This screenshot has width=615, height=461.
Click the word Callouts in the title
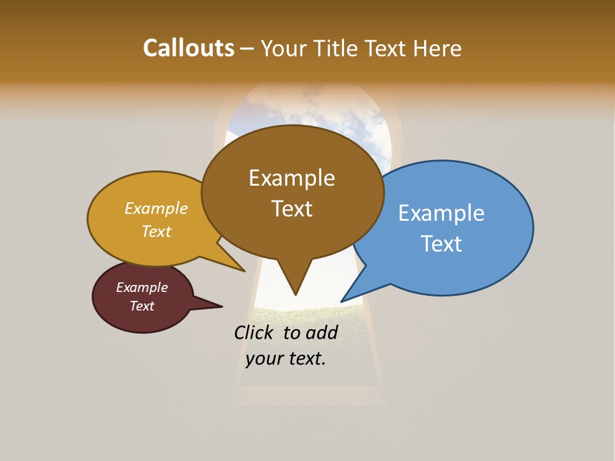click(188, 48)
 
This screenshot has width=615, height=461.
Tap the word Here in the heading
click(438, 48)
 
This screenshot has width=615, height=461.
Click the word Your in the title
click(284, 48)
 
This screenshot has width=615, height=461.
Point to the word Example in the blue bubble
click(441, 213)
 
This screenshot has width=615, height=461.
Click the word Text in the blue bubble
click(441, 244)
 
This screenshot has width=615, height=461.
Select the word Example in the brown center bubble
click(291, 178)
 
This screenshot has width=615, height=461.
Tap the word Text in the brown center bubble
click(291, 209)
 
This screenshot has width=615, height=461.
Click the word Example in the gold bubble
click(156, 209)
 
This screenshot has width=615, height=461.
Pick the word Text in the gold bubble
click(156, 232)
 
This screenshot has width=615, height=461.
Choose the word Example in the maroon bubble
click(142, 287)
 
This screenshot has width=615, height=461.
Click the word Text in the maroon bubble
click(142, 306)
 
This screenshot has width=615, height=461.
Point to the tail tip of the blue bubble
click(343, 300)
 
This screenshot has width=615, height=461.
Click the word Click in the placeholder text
click(254, 332)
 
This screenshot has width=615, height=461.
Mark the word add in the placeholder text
click(322, 332)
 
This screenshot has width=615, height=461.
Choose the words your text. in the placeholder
click(286, 359)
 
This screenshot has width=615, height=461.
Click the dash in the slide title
click(247, 49)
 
